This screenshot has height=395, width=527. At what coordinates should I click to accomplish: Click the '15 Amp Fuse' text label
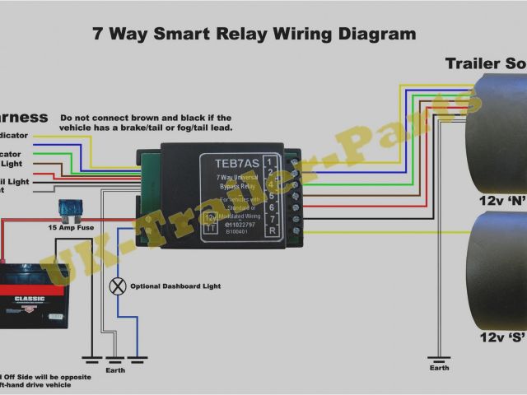coord(72,226)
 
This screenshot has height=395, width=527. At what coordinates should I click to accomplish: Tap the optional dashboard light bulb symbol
coord(118,286)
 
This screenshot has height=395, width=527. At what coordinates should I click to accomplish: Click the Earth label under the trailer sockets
coord(439,368)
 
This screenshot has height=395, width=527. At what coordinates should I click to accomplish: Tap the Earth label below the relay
coord(117,369)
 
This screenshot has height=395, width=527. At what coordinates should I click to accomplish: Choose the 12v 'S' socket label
coord(501,337)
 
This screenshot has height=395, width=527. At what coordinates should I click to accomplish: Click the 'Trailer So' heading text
coord(485,63)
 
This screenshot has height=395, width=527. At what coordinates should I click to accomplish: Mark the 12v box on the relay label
coord(212,216)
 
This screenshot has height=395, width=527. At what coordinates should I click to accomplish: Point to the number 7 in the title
coord(97,35)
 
